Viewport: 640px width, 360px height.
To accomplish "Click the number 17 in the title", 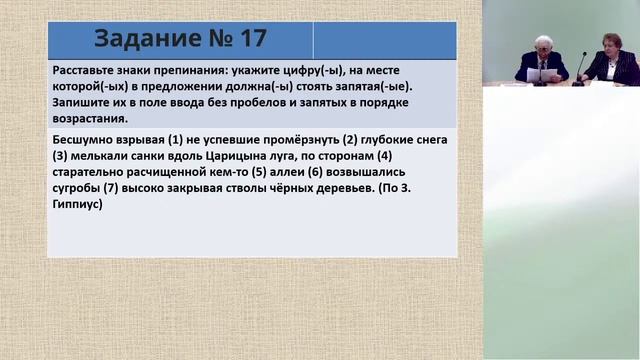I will (x=251, y=39).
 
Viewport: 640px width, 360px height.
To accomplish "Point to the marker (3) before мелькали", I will (x=61, y=157).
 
